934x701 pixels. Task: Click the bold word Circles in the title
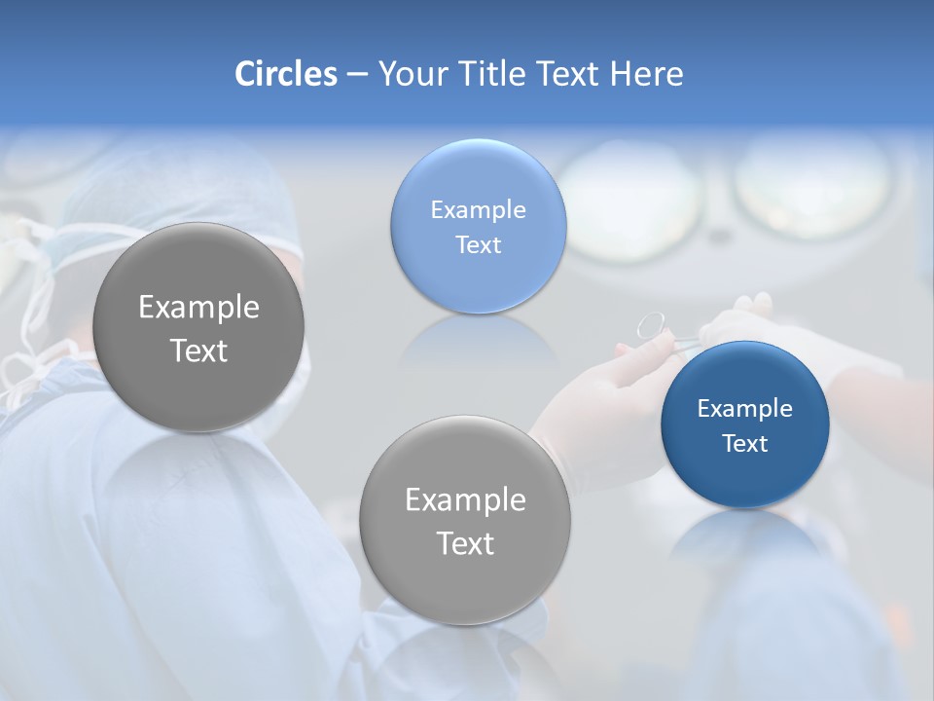(x=285, y=74)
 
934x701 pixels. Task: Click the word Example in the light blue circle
(x=478, y=210)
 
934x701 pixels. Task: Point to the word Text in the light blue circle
(x=478, y=245)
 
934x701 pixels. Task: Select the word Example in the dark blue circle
(x=744, y=409)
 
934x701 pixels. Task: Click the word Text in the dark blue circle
(x=744, y=444)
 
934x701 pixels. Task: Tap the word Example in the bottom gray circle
(x=465, y=500)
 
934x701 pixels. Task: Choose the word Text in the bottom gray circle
(x=465, y=543)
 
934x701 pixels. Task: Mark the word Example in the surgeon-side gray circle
(x=198, y=308)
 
